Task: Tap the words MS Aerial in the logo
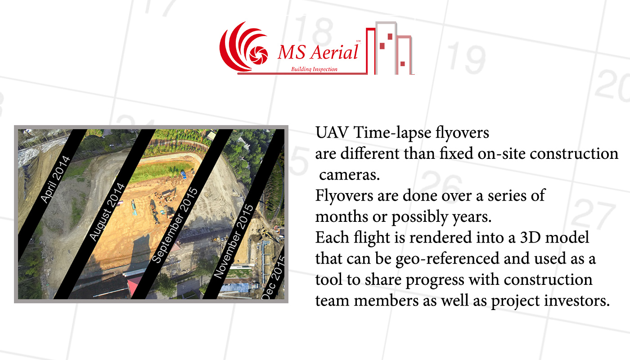pyautogui.click(x=318, y=52)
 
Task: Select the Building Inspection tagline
pyautogui.click(x=314, y=69)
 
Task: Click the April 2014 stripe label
pyautogui.click(x=55, y=179)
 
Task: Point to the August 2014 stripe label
pyautogui.click(x=107, y=212)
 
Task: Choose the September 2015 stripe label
pyautogui.click(x=175, y=225)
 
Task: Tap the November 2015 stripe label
pyautogui.click(x=234, y=241)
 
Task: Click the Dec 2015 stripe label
pyautogui.click(x=273, y=277)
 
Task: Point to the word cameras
pyautogui.click(x=350, y=175)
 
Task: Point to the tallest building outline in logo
pyautogui.click(x=386, y=48)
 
